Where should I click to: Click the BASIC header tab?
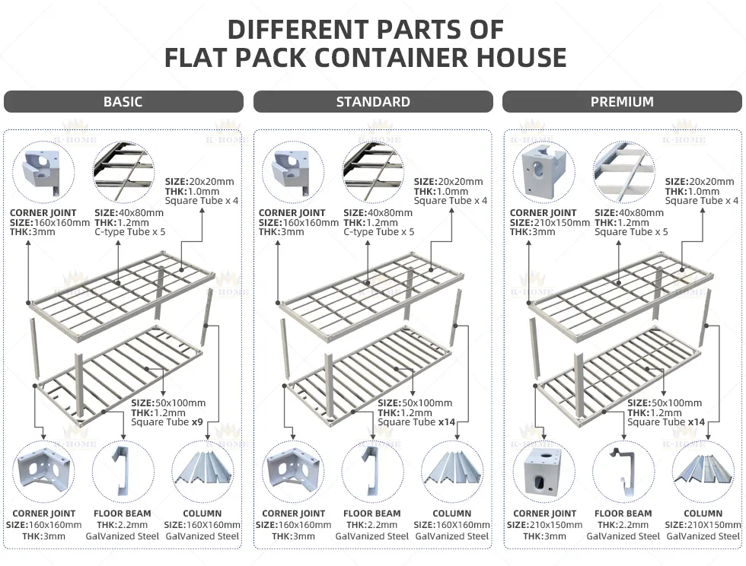[x=123, y=102]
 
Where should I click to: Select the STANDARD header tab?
[x=373, y=102]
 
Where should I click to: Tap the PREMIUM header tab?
[x=622, y=102]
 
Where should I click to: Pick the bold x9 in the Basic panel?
[x=196, y=421]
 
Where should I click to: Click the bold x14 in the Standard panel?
[x=447, y=421]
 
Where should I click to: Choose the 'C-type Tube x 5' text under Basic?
[x=129, y=231]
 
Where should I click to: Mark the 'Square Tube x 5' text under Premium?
[x=631, y=231]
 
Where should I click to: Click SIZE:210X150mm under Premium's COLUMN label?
[x=703, y=525]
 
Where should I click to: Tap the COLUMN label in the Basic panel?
[x=202, y=514]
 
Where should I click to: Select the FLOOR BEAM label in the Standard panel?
[x=372, y=514]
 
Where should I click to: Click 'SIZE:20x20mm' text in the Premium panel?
[x=700, y=182]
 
